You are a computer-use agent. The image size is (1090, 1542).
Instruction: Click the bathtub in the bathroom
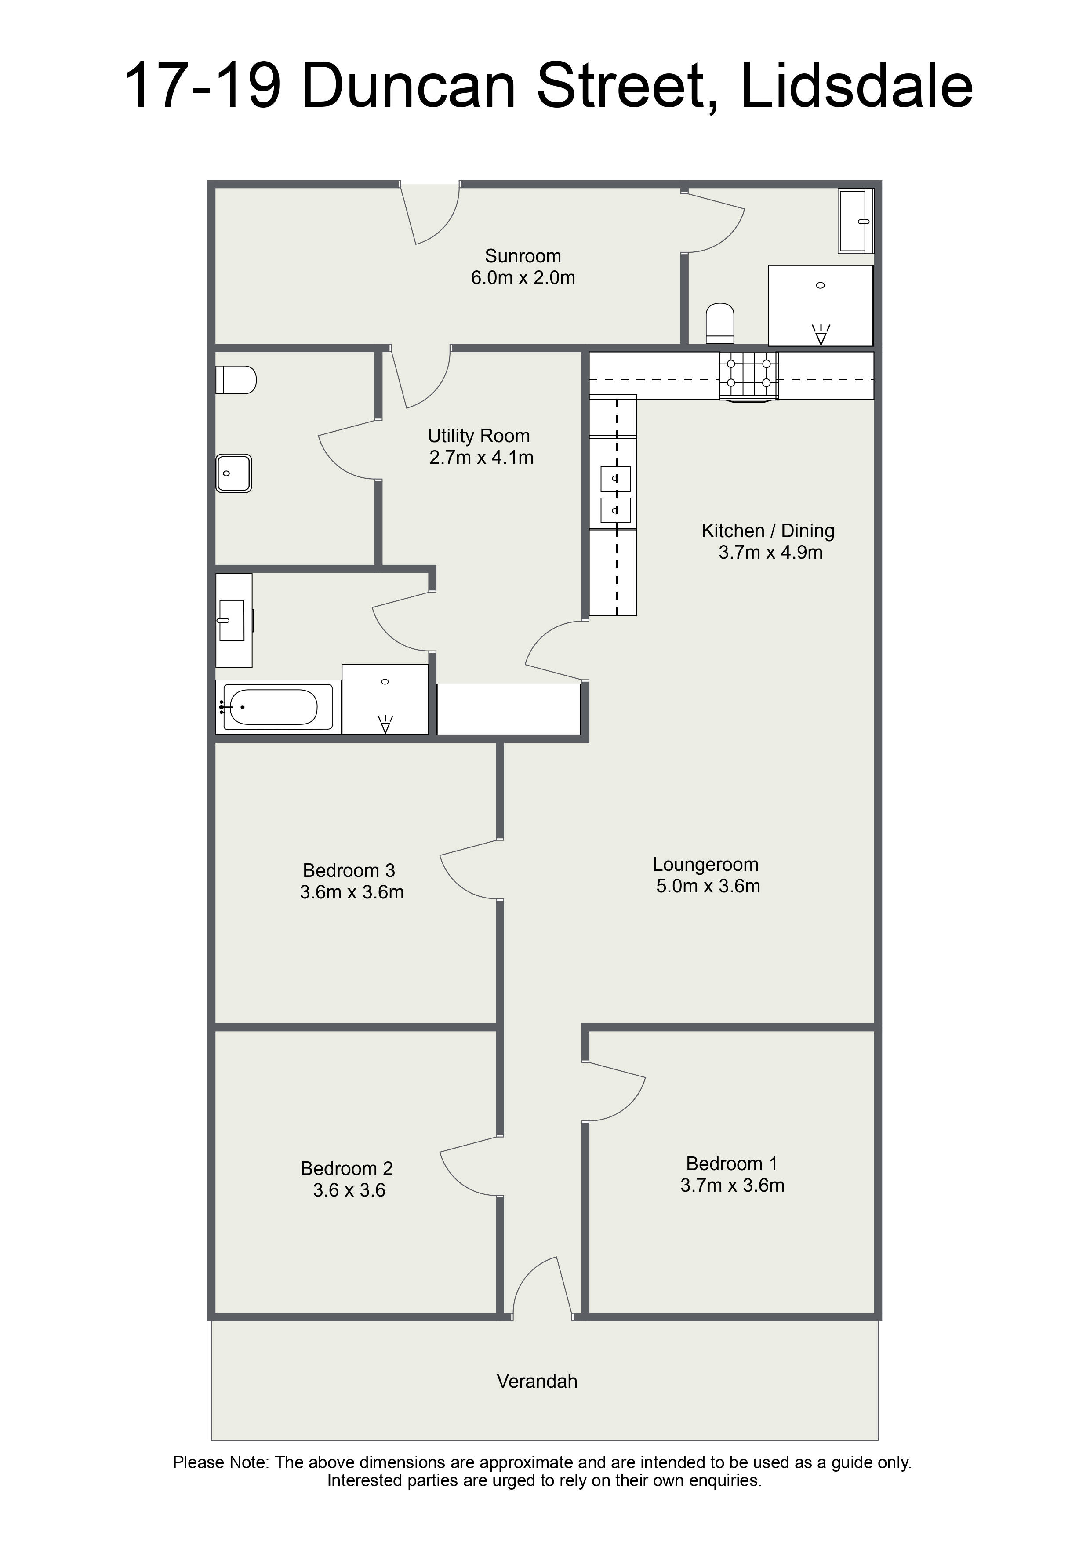pyautogui.click(x=273, y=706)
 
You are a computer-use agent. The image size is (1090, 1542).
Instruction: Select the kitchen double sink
pyautogui.click(x=615, y=495)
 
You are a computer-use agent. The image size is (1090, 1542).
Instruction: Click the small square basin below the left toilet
pyautogui.click(x=234, y=473)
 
